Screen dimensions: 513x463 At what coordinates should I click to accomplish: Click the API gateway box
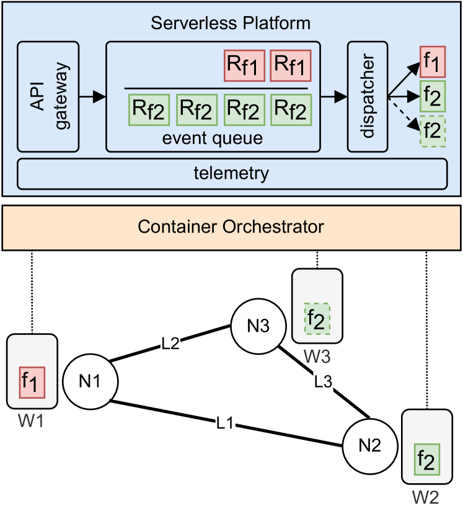[48, 96]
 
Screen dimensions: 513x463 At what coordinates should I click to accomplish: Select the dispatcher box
[367, 96]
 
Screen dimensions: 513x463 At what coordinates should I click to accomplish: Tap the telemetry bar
[232, 173]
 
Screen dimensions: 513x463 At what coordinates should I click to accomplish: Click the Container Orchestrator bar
[231, 226]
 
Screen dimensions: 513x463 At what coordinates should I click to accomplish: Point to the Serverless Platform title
[232, 24]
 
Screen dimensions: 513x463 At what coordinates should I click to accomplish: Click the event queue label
[213, 138]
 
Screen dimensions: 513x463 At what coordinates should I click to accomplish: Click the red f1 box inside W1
[33, 382]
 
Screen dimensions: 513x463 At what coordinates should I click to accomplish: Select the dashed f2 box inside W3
[317, 320]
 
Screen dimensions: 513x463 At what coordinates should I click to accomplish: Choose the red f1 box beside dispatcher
[432, 63]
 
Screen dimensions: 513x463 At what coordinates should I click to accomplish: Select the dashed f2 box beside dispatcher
[432, 131]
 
